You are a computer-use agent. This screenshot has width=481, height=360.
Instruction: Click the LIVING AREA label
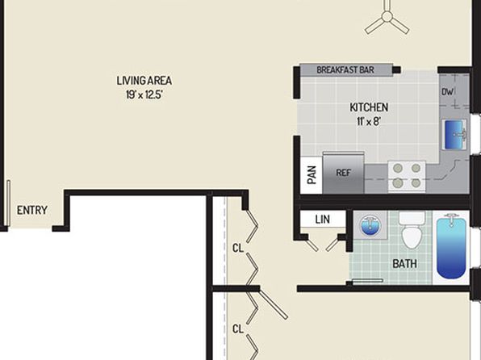(x=144, y=81)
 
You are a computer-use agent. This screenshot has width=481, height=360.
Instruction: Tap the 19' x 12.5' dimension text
(x=144, y=94)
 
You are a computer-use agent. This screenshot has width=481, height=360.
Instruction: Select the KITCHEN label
(x=369, y=107)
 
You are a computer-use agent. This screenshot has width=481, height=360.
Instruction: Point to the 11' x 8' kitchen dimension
(x=369, y=122)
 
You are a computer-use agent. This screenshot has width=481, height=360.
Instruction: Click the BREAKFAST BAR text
(x=345, y=70)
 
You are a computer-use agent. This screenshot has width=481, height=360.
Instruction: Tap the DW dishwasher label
(x=447, y=92)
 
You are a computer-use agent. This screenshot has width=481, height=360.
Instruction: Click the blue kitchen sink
(x=454, y=135)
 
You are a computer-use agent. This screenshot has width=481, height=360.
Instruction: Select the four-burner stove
(x=407, y=177)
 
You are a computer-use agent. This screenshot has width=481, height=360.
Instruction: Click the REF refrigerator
(x=343, y=173)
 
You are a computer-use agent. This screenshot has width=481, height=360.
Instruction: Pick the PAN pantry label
(x=312, y=175)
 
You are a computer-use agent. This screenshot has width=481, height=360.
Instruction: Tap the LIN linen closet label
(x=322, y=220)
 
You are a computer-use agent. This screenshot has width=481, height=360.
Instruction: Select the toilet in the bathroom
(x=412, y=230)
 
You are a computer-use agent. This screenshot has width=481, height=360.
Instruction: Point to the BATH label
(x=404, y=264)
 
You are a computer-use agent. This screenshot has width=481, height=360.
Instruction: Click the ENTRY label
(x=32, y=211)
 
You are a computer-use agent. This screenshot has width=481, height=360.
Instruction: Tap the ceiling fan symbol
(x=387, y=17)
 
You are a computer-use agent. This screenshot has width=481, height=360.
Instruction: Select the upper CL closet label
(x=238, y=248)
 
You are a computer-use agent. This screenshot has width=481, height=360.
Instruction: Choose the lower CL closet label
(x=238, y=329)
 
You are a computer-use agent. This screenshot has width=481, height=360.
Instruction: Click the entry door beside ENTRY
(x=8, y=203)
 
